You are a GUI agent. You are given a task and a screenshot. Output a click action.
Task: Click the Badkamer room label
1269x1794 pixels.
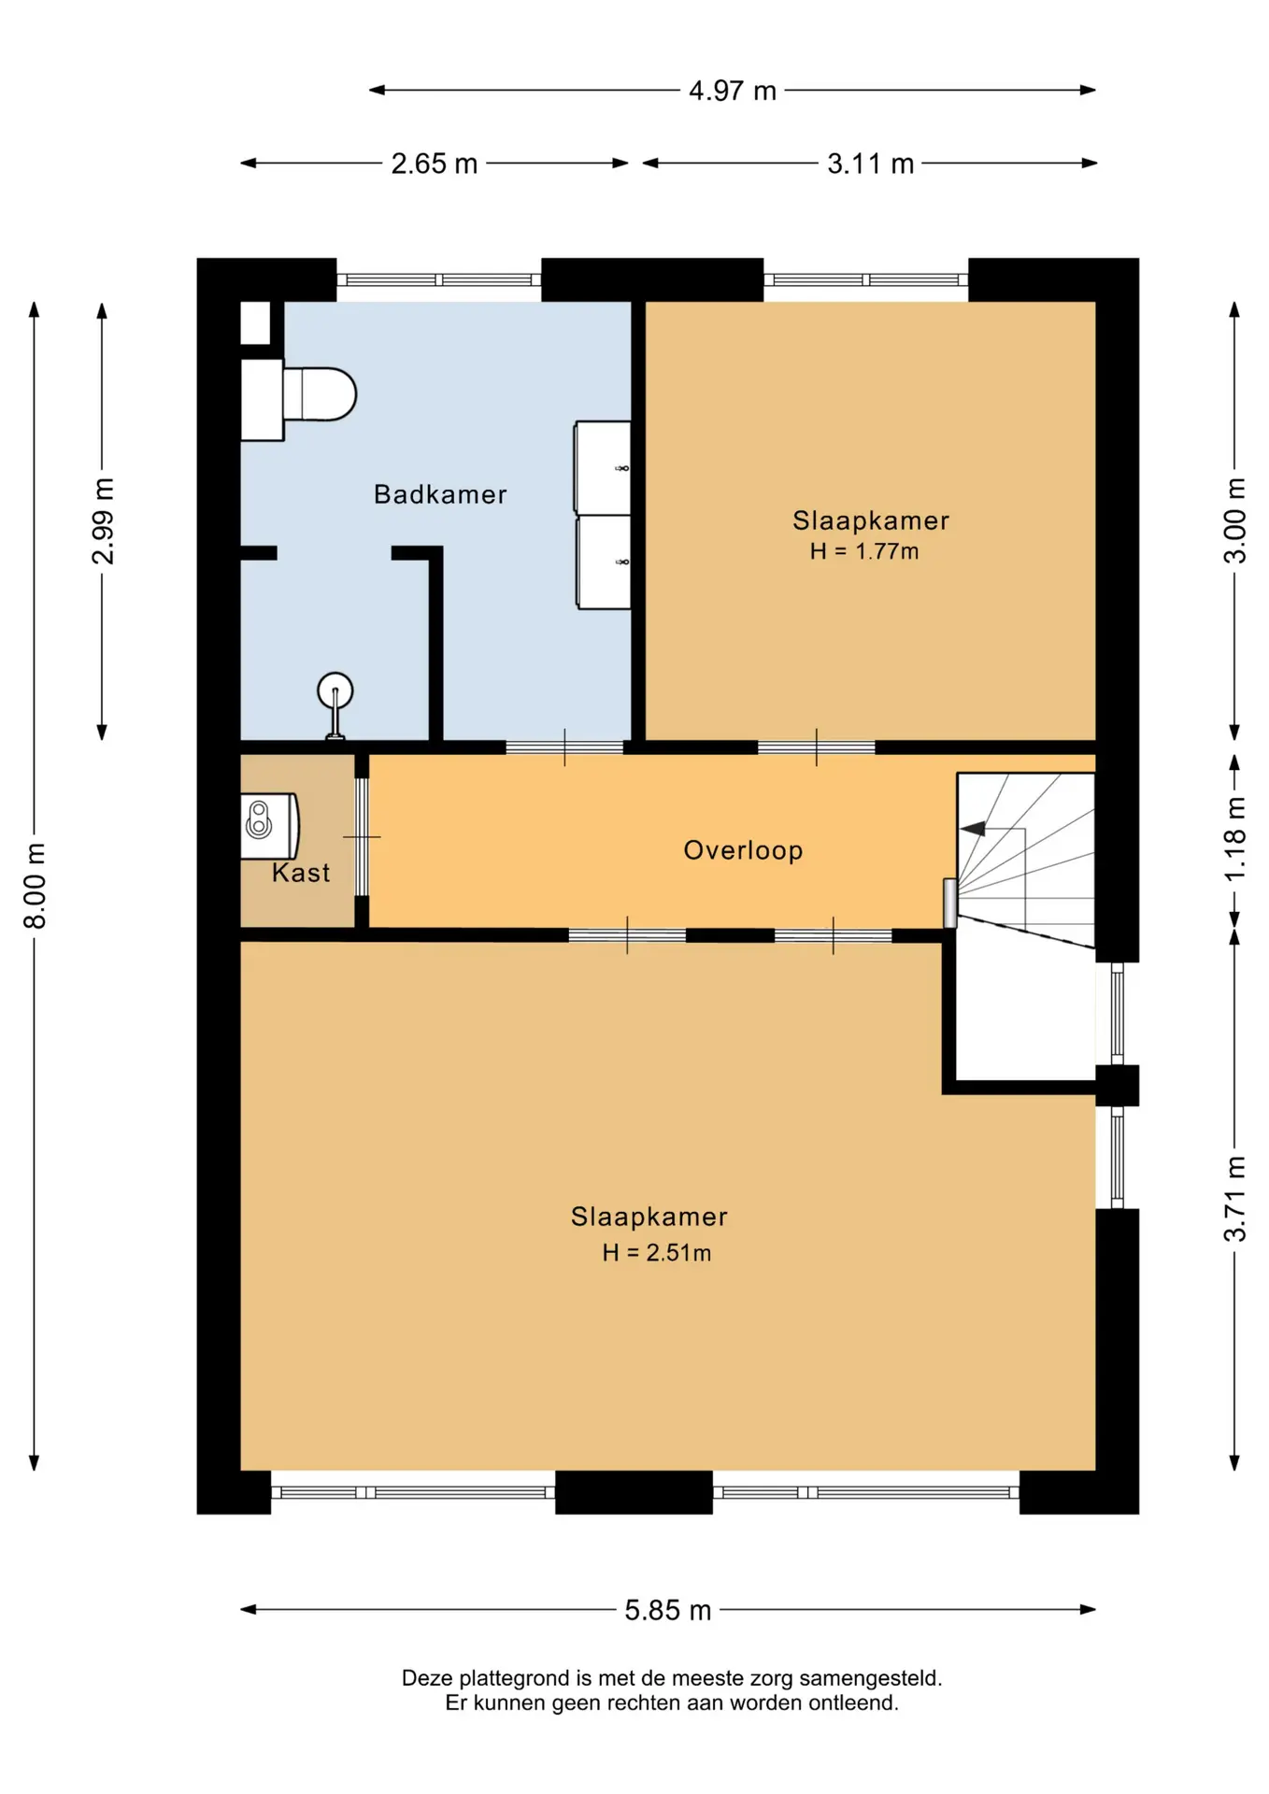(x=440, y=494)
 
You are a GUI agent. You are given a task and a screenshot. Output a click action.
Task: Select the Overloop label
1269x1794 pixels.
(x=743, y=850)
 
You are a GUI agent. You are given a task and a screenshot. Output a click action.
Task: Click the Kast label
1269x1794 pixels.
(x=301, y=873)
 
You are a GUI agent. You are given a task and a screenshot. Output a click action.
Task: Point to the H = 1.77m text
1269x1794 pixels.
(x=864, y=551)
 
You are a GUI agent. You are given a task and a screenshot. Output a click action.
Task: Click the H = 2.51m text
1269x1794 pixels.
(x=656, y=1253)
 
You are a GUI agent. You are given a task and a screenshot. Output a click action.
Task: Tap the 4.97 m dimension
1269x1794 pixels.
(x=733, y=91)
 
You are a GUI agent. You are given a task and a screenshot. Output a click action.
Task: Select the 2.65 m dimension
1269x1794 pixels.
(x=435, y=164)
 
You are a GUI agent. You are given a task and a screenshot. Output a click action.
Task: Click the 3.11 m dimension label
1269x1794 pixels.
(x=870, y=164)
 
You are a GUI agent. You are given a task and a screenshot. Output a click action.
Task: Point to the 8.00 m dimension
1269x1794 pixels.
(x=35, y=886)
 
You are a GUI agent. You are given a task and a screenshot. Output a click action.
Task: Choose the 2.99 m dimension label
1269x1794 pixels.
(x=103, y=521)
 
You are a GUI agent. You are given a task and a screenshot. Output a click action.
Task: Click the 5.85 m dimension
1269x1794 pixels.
(x=668, y=1610)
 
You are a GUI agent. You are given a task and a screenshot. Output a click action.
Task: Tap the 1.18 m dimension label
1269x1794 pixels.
(x=1235, y=838)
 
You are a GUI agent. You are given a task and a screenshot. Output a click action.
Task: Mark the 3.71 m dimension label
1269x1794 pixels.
(x=1235, y=1199)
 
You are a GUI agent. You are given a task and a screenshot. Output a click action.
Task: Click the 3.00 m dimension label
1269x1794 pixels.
(x=1235, y=520)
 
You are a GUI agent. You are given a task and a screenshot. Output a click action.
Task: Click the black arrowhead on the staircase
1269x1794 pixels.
(x=973, y=829)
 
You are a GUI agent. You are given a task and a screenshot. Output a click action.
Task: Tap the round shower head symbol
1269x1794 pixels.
(x=335, y=691)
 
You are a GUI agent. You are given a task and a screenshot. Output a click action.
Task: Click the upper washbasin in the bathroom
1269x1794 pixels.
(x=603, y=467)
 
